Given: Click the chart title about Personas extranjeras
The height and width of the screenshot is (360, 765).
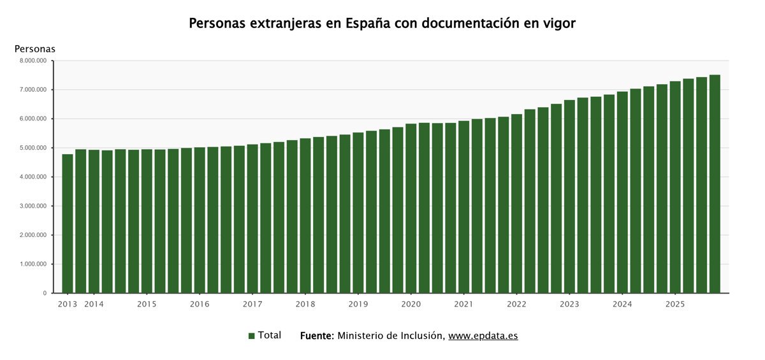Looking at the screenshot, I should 382,24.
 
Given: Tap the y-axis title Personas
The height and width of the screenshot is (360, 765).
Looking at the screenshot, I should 35,48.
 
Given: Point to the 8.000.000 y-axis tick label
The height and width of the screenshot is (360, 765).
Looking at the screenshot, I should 33,61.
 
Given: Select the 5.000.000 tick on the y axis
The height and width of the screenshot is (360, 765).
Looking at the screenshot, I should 33,148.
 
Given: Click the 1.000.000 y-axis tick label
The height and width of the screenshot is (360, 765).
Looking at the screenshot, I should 33,264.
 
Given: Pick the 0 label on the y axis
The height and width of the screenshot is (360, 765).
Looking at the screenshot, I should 45,293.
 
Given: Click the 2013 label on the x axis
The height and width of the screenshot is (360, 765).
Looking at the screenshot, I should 67,304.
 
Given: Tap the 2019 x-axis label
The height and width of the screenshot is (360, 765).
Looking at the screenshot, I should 358,304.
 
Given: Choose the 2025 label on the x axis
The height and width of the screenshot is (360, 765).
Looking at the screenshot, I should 675,304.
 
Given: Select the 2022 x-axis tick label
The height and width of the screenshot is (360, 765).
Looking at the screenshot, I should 516,304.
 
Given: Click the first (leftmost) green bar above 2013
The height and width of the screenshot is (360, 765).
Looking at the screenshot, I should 67,223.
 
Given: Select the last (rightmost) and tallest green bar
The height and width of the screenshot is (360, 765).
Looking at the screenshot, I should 715,185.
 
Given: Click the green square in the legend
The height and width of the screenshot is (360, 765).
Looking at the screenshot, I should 252,336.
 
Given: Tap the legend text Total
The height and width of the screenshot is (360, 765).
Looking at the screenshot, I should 270,335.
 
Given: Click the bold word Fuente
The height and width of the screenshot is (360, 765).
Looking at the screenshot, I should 316,336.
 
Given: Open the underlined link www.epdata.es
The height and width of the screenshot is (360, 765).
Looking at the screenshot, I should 483,336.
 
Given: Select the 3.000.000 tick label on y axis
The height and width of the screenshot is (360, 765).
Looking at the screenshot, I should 33,206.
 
